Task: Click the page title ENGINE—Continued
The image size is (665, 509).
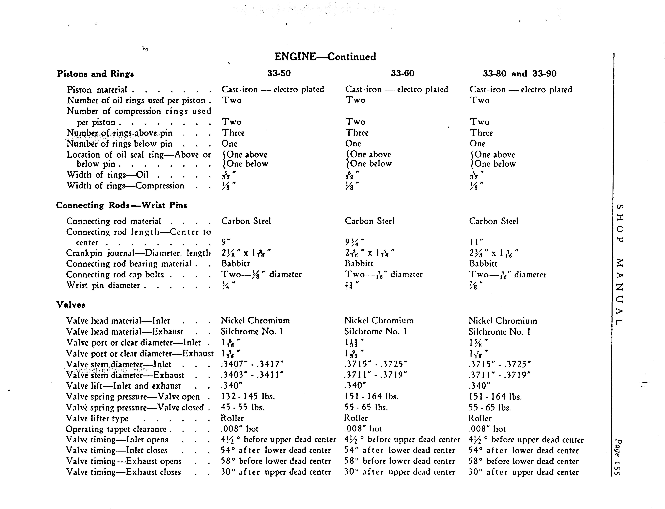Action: [x=325, y=57]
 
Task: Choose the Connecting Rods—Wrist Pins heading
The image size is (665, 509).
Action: [x=121, y=205]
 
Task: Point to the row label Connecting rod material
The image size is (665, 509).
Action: [x=114, y=221]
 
